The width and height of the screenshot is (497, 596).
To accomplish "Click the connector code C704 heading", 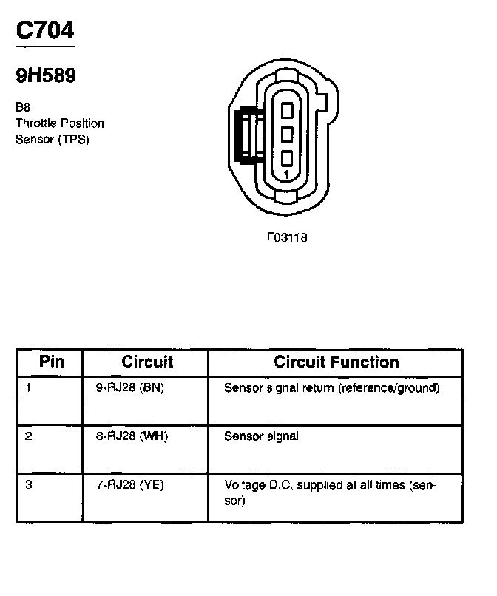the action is [44, 31].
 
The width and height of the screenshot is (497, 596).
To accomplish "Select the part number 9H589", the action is [46, 75].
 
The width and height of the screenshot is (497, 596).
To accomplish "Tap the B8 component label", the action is [23, 107].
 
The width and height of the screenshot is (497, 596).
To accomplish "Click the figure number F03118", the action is [287, 238].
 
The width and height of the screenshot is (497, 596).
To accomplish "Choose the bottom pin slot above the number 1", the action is [288, 158].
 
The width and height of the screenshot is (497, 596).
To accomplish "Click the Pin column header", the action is [52, 362].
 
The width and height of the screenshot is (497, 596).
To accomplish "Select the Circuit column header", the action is [147, 362].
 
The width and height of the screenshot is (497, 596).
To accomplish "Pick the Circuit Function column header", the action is [337, 362].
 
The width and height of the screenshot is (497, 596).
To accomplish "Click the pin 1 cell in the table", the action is [28, 387].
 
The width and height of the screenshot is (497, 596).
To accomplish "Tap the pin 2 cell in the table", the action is [28, 436].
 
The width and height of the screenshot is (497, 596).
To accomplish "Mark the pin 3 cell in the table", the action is [28, 485].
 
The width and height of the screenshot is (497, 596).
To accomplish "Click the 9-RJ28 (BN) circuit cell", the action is [130, 387].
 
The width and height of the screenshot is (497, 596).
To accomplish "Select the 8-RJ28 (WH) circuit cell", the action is [132, 436].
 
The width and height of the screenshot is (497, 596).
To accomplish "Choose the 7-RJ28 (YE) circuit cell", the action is [131, 485].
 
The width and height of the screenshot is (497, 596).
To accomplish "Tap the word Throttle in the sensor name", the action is [35, 123].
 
